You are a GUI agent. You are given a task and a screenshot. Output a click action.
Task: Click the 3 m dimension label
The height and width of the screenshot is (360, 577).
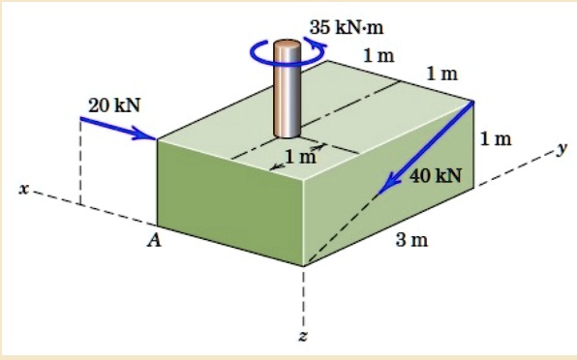point(411,240)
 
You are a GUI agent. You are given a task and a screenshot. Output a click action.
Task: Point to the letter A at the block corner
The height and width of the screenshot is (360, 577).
point(152,241)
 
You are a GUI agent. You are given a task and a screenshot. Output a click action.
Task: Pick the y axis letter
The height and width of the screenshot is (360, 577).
point(560,148)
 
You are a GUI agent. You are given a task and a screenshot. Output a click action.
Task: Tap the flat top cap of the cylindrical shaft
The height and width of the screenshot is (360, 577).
point(288,45)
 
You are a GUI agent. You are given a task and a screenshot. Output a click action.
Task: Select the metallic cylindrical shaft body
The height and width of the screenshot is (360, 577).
point(288,92)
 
